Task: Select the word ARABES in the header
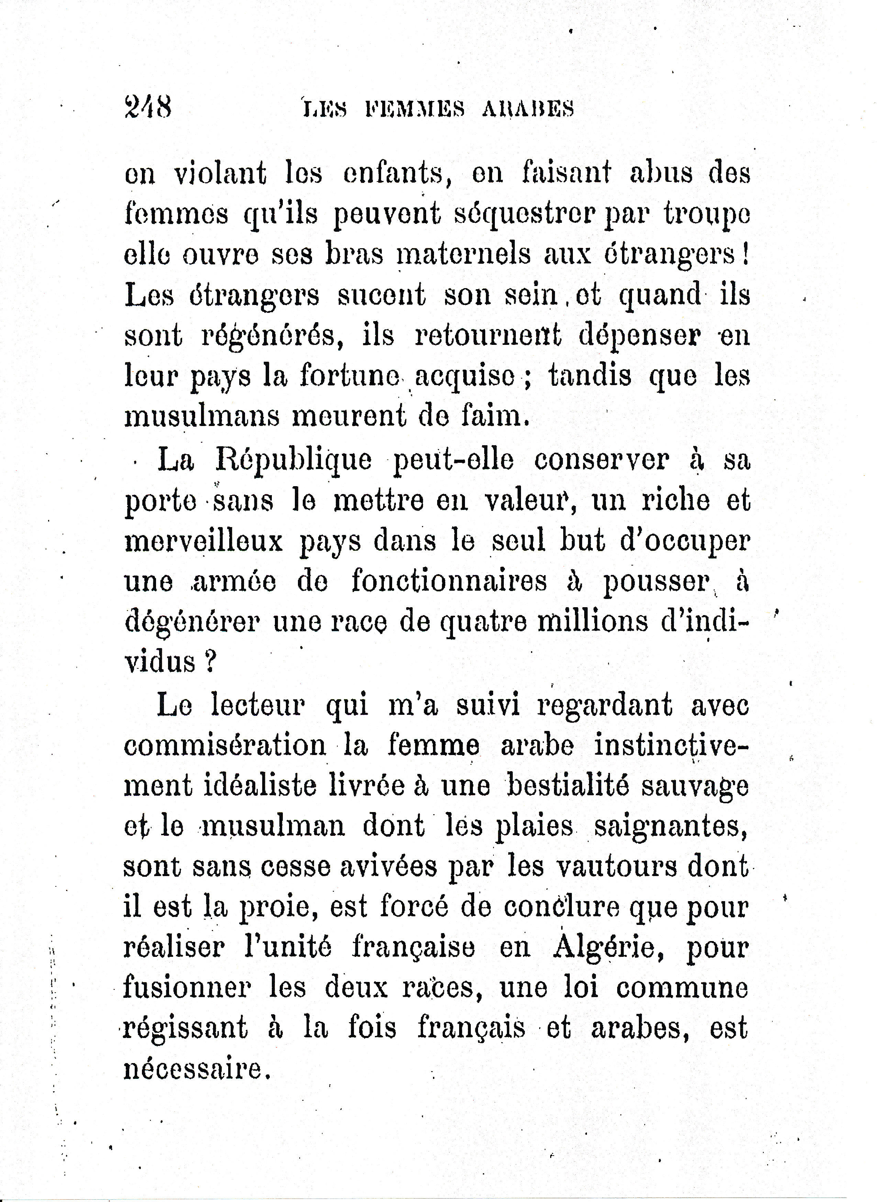coord(528,109)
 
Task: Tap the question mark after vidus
coord(210,662)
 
